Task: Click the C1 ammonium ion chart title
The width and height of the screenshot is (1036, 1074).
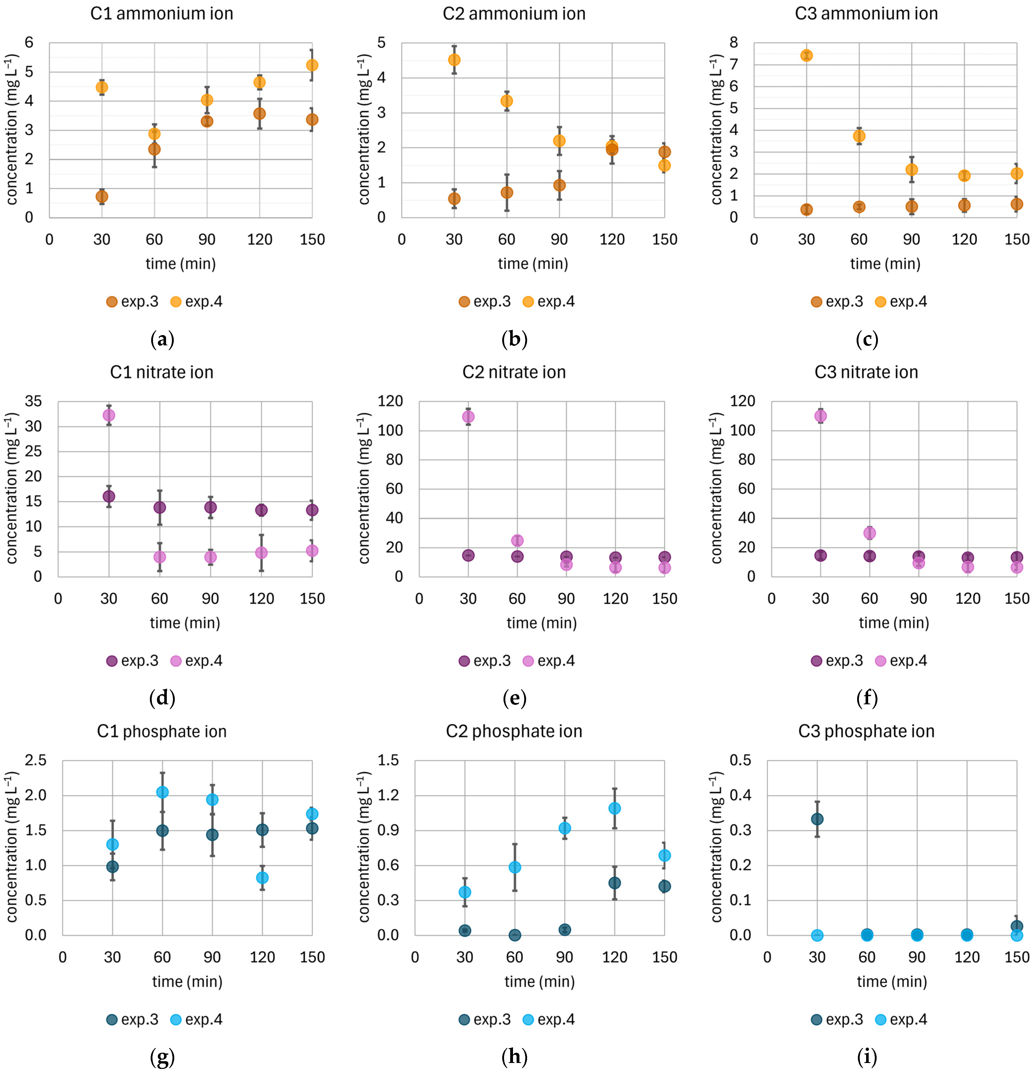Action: tap(162, 14)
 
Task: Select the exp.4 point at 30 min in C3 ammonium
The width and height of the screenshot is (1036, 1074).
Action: tap(806, 55)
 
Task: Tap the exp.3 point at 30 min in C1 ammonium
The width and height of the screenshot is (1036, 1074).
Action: tap(102, 196)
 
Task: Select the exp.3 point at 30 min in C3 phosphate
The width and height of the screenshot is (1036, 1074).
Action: tap(817, 819)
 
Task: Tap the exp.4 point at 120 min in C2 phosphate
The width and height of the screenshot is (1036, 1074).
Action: tap(614, 808)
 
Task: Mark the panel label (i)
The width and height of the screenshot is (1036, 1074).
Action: tap(867, 1057)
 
